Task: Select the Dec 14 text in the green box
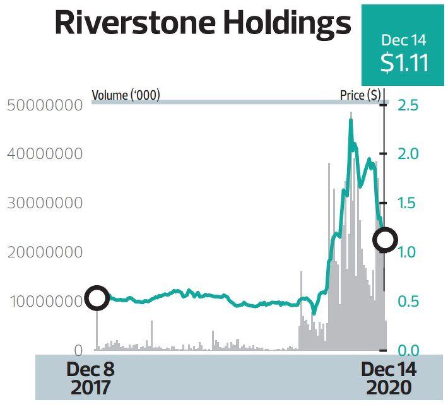(404, 41)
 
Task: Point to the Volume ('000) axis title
(126, 95)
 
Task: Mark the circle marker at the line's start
(97, 297)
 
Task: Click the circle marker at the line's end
(384, 240)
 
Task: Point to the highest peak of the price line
(351, 120)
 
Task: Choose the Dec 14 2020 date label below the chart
(389, 378)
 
